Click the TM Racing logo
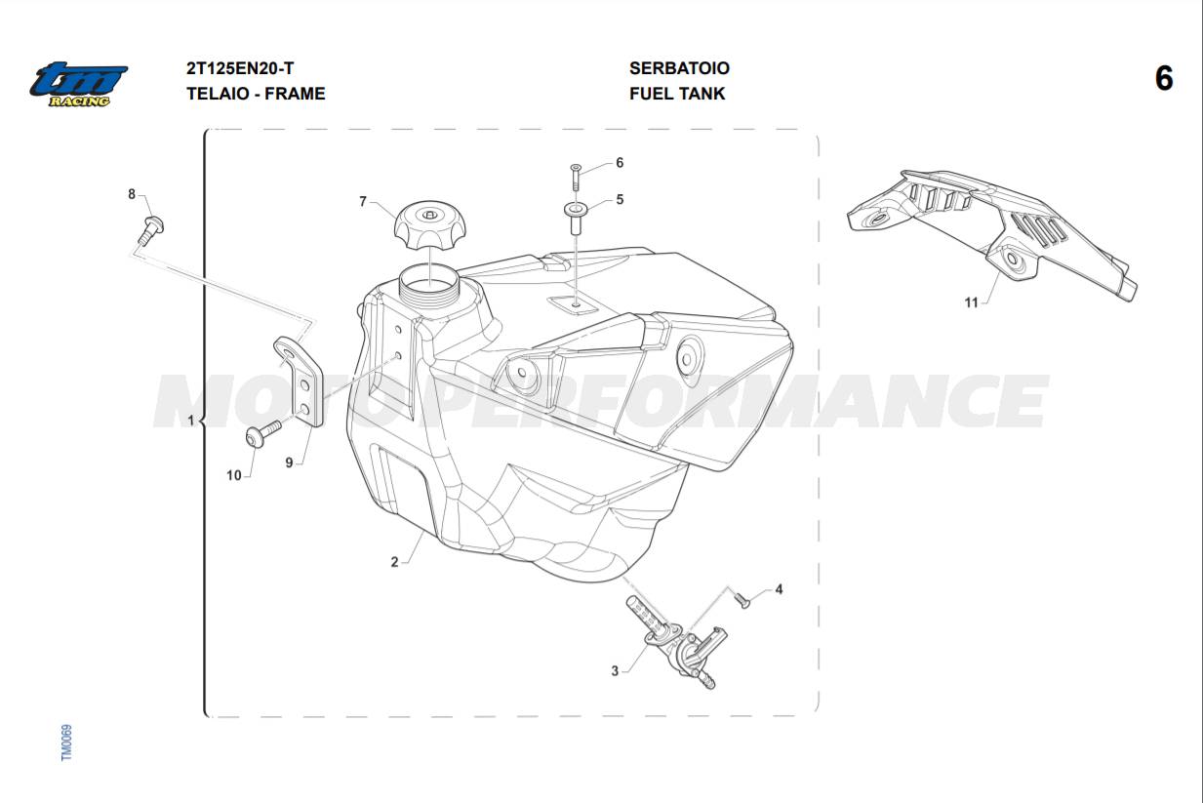[79, 85]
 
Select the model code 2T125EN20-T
[240, 68]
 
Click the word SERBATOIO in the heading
[679, 68]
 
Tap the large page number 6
[1164, 79]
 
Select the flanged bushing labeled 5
[576, 218]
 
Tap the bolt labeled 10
[263, 434]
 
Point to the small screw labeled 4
[742, 599]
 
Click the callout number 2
[395, 562]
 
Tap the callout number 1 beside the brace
[190, 420]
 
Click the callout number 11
[972, 302]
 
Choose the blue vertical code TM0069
[66, 743]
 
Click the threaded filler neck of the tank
[429, 288]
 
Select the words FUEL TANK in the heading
[677, 94]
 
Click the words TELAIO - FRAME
[256, 94]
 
